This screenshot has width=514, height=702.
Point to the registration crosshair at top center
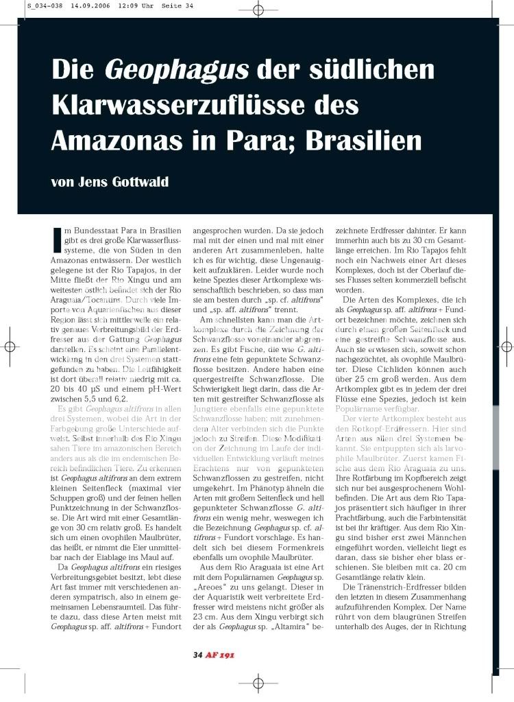pos(258,10)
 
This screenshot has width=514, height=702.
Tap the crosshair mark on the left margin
pos(10,347)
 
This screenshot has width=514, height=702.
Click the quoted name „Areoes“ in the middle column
pos(215,570)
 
